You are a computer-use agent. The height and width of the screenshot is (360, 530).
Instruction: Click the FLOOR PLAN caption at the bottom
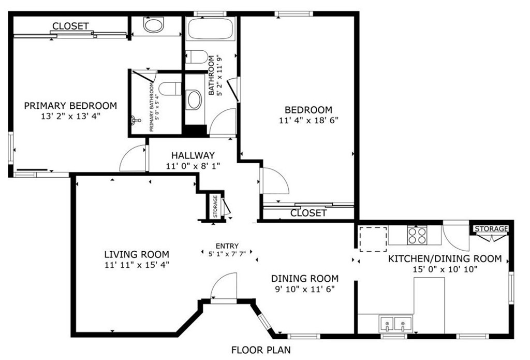pyautogui.click(x=261, y=350)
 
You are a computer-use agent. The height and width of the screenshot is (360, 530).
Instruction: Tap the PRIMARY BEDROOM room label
pyautogui.click(x=70, y=106)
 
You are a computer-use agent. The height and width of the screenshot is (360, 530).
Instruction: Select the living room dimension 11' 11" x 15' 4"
pyautogui.click(x=137, y=265)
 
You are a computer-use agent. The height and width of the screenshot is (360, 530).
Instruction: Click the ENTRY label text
pyautogui.click(x=227, y=246)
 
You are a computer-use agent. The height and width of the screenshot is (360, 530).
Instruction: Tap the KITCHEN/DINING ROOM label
pyautogui.click(x=445, y=258)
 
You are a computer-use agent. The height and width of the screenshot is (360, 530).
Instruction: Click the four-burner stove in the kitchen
pyautogui.click(x=417, y=236)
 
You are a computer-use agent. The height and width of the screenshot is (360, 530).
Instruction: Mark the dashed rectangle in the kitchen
pyautogui.click(x=373, y=238)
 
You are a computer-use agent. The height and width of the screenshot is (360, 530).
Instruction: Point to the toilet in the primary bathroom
pyautogui.click(x=170, y=89)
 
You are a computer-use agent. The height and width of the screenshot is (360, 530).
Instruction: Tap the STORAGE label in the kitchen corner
pyautogui.click(x=491, y=229)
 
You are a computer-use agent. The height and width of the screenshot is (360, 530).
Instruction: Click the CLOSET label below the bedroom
pyautogui.click(x=308, y=213)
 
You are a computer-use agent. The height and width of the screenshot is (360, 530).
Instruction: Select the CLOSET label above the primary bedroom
pyautogui.click(x=70, y=26)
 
